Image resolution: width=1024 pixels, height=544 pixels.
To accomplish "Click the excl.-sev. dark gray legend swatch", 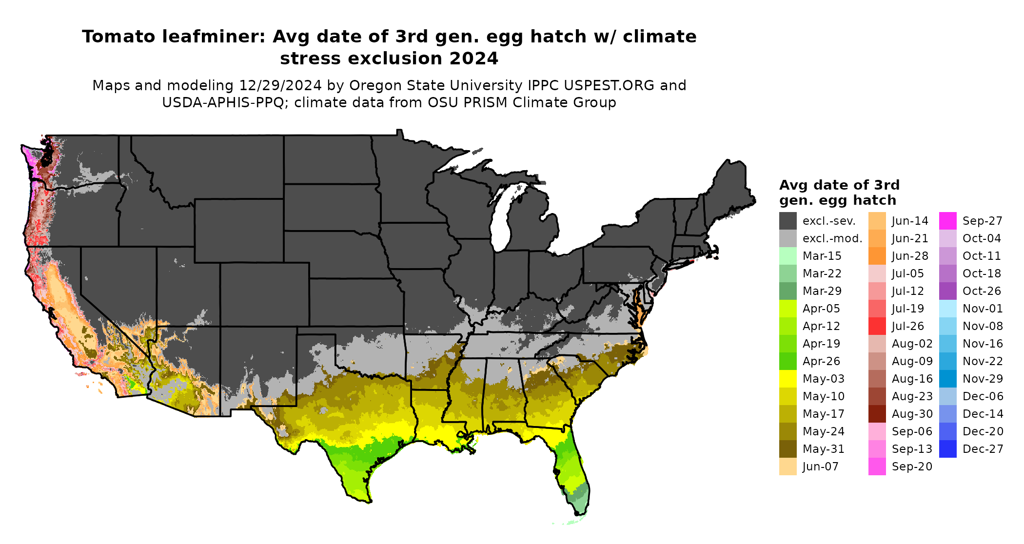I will (x=788, y=221).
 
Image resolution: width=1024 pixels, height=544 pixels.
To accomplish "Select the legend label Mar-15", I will (x=822, y=256).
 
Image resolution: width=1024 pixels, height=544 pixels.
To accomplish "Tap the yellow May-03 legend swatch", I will (x=788, y=379).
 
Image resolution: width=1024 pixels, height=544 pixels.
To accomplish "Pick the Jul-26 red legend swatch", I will (x=877, y=326).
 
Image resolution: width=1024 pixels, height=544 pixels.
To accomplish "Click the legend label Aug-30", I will (x=912, y=414).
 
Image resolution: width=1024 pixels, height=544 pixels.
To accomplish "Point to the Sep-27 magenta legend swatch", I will (x=947, y=221).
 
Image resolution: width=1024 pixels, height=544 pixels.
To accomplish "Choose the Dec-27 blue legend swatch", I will (x=947, y=449).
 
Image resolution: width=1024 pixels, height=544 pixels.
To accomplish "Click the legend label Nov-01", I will (x=982, y=309).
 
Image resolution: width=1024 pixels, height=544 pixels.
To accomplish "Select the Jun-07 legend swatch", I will (x=788, y=466).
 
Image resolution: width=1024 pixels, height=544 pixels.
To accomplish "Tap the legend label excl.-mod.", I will (x=832, y=238).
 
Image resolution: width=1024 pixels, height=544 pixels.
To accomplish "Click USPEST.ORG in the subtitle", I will (x=609, y=85).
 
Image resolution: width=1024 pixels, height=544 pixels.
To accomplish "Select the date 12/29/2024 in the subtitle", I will (x=280, y=85).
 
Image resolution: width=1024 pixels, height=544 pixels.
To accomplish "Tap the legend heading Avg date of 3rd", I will (x=839, y=185).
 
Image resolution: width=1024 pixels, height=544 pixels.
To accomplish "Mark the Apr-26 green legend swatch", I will (x=788, y=361).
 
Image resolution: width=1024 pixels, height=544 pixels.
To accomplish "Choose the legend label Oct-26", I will (x=982, y=291).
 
